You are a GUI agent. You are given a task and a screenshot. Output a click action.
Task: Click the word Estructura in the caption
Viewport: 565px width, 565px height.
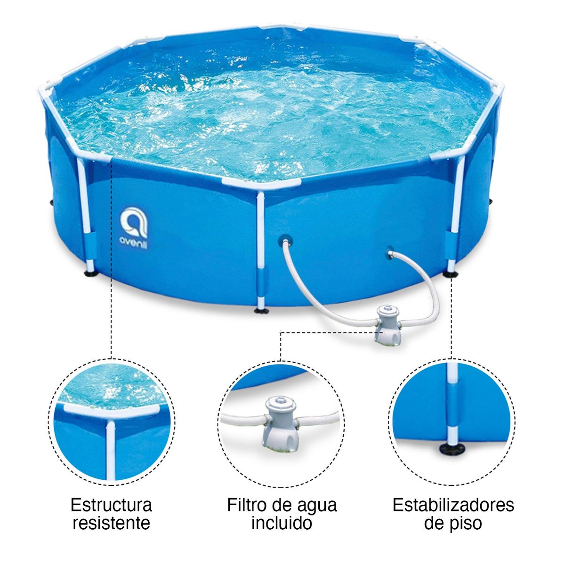111,505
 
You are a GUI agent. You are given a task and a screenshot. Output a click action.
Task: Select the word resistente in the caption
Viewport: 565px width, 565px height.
111,523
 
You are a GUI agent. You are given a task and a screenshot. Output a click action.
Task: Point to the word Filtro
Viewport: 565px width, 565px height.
248,505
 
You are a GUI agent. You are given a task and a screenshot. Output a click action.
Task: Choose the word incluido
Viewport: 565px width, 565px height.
281,523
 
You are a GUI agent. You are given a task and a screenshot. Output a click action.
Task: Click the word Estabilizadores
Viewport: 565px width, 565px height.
453,505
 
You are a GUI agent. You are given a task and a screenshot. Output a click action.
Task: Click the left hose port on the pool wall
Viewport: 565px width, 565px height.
284,239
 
